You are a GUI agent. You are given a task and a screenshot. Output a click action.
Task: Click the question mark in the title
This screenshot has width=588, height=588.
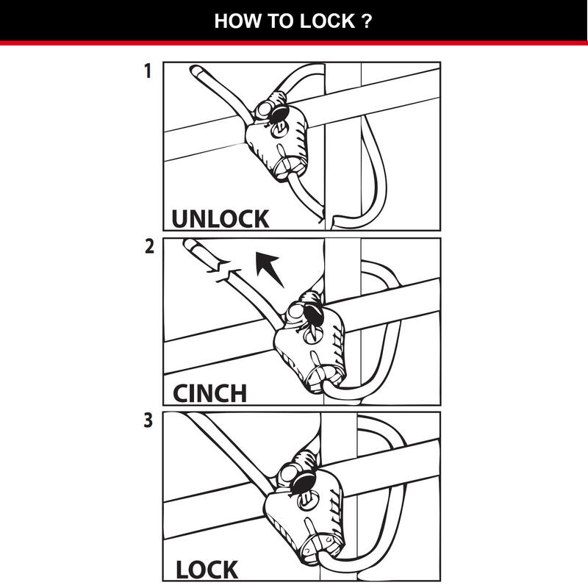coord(366,21)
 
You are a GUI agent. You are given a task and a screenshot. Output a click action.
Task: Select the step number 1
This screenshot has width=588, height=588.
coord(148,72)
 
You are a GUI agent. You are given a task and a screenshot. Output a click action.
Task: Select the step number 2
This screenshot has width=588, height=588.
coord(149,247)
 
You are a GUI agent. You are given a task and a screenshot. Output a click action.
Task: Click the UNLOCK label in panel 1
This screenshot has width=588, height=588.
coord(220,218)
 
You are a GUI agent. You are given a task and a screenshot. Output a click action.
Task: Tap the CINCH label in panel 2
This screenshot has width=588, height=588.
coord(209,392)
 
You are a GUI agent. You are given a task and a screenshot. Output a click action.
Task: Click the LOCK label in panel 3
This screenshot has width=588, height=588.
coord(207,569)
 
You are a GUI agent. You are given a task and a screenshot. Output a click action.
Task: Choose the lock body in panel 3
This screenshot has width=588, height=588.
coord(301,515)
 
